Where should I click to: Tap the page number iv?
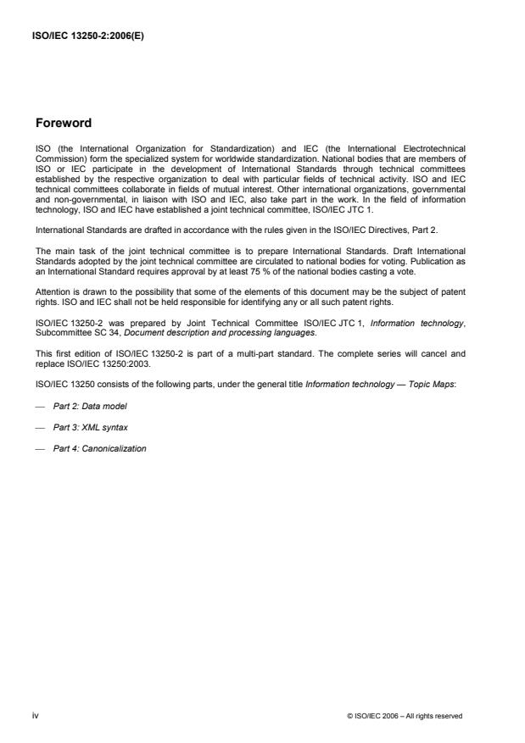[36, 716]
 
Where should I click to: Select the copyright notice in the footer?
[405, 717]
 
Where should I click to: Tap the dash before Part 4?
[38, 448]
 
